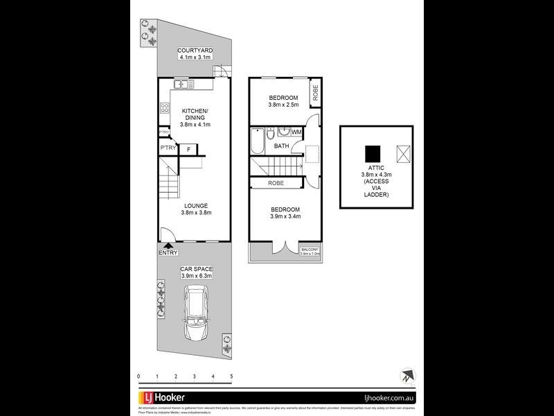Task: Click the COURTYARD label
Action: (x=195, y=51)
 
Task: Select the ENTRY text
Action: (x=168, y=253)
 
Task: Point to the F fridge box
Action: (x=188, y=148)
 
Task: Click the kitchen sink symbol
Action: (x=183, y=84)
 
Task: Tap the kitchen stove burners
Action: (x=165, y=107)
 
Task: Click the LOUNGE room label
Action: (x=196, y=205)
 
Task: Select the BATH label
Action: (x=282, y=146)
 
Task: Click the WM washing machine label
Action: (x=296, y=132)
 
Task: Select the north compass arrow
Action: (x=404, y=377)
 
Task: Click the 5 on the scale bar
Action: (x=231, y=376)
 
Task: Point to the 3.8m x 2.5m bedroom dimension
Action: (x=283, y=105)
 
